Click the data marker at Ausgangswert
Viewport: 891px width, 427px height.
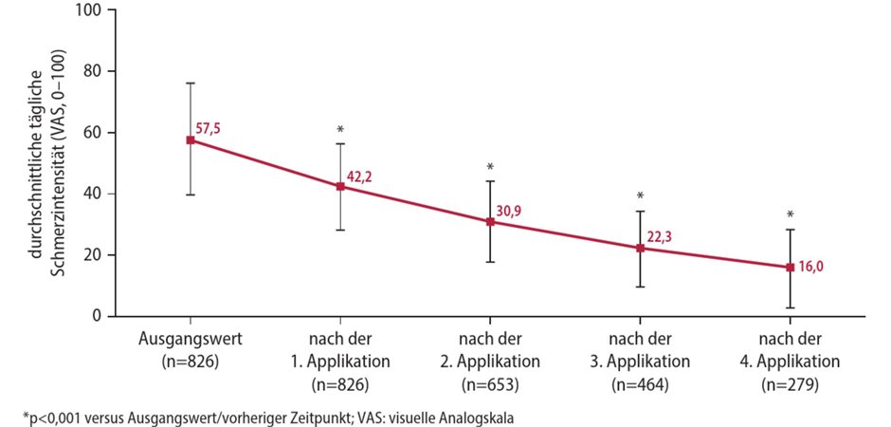(191, 139)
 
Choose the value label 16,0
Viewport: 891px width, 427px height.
(810, 269)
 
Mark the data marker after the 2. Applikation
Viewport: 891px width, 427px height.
(490, 221)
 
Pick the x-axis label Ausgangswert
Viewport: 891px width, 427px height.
(191, 339)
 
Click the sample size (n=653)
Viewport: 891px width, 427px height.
(490, 384)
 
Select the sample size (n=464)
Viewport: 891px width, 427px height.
(640, 384)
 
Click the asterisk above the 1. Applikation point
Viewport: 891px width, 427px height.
(340, 129)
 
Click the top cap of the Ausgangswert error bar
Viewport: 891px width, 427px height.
(191, 84)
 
